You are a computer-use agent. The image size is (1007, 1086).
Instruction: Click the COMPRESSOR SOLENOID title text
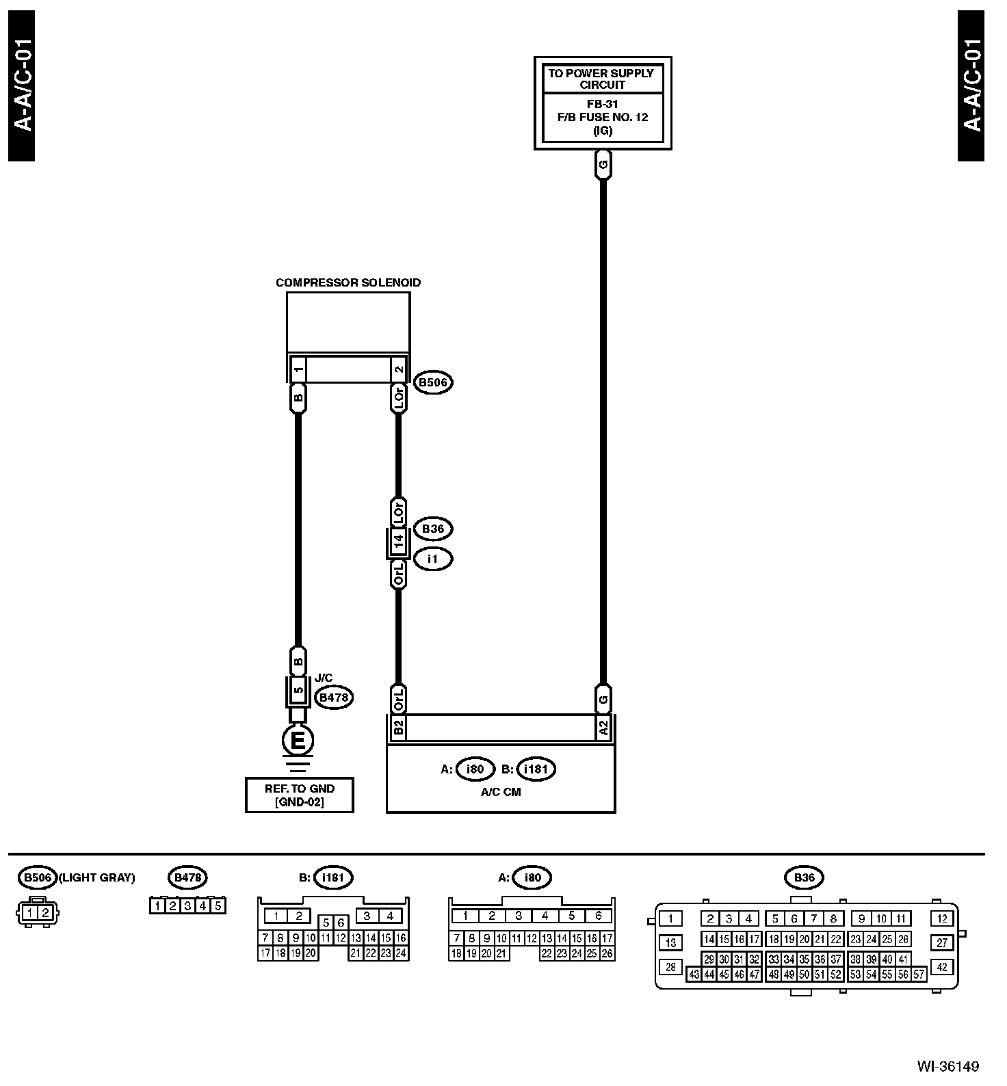point(348,282)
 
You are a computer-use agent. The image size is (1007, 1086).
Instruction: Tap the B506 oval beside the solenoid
point(433,382)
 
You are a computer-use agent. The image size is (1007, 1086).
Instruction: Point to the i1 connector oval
point(432,559)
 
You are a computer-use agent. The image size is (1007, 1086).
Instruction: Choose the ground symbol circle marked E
point(298,741)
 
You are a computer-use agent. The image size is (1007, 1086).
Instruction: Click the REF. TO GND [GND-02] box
point(299,795)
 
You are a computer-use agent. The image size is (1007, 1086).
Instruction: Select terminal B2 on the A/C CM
point(398,728)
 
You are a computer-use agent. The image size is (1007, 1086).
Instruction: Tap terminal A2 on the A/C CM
point(603,728)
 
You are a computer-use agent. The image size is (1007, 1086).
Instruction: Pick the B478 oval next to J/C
point(333,698)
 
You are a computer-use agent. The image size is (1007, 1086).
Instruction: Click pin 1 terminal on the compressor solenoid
point(298,370)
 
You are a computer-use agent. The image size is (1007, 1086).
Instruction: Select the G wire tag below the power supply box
point(603,165)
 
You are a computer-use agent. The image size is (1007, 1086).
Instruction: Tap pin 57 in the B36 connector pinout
point(919,975)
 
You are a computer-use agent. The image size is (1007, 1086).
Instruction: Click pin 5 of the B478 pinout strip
point(218,907)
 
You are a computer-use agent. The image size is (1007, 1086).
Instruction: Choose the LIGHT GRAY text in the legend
point(97,877)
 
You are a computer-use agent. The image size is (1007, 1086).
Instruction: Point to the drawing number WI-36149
point(947,1066)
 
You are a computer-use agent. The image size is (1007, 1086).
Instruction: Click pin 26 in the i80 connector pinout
point(607,953)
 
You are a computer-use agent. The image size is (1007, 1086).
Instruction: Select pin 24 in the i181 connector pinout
point(401,953)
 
